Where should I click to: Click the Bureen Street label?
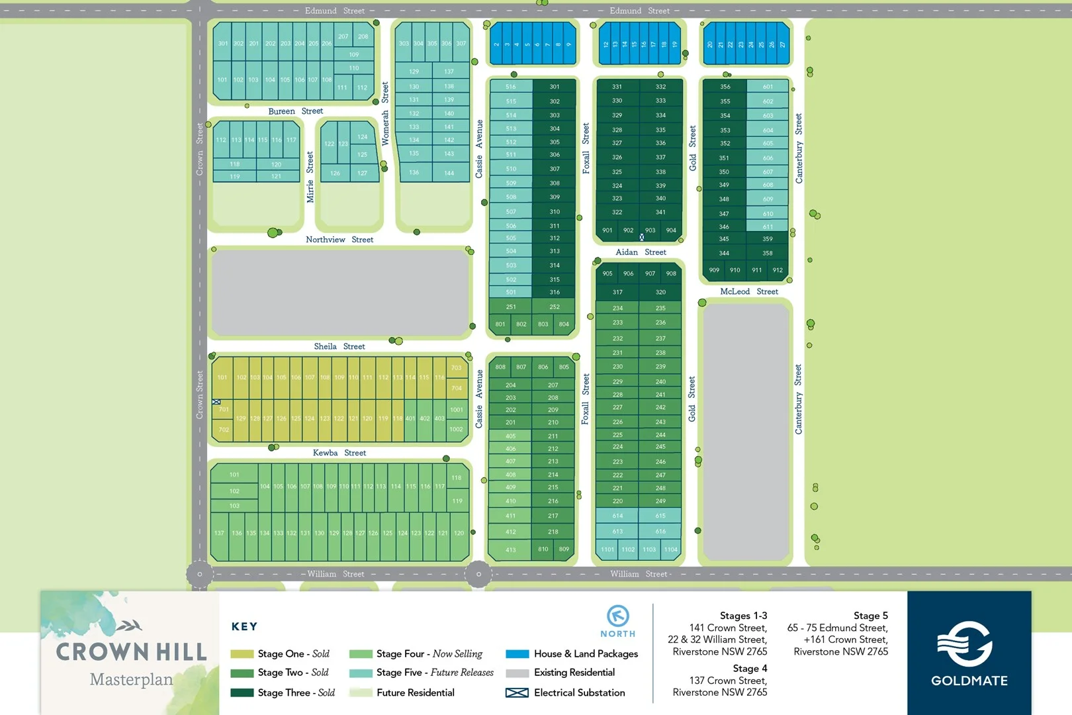[x=295, y=111]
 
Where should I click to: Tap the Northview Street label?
[x=339, y=240]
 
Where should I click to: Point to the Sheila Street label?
[x=339, y=346]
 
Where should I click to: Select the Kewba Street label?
[x=339, y=453]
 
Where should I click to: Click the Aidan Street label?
[x=641, y=252]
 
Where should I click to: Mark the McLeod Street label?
[x=749, y=291]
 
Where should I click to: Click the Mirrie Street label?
[x=310, y=177]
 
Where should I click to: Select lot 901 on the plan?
[x=607, y=230]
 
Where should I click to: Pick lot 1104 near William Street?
[x=671, y=549]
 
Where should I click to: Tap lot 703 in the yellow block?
[x=457, y=368]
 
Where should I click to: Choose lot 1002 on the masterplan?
[x=457, y=429]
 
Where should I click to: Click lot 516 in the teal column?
[x=511, y=87]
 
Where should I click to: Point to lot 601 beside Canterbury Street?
[x=768, y=87]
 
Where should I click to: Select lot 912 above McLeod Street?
[x=778, y=270]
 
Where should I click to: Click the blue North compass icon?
[x=618, y=616]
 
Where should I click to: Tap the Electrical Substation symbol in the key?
[x=517, y=692]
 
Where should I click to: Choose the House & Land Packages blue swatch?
[x=517, y=654]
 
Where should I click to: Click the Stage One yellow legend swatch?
[x=242, y=654]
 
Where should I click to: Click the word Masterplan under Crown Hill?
[x=131, y=680]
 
